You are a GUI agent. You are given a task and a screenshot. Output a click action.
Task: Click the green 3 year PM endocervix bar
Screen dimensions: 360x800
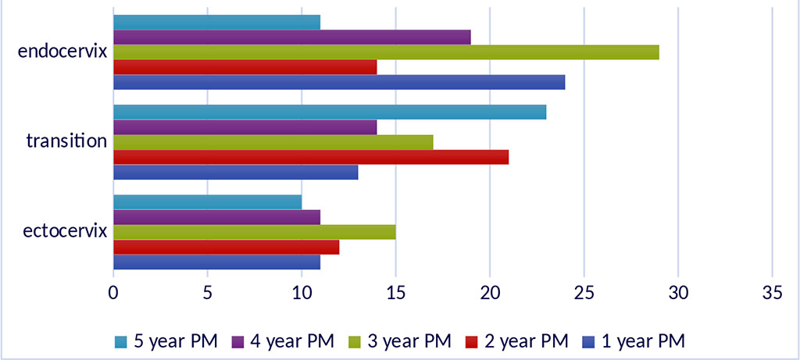point(386,52)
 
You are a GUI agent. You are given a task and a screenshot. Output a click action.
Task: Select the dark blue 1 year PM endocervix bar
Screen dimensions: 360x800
point(339,82)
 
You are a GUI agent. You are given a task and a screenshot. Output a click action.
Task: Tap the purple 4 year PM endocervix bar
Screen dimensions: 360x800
point(292,37)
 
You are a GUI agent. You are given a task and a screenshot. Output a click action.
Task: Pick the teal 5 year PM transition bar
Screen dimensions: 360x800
point(330,112)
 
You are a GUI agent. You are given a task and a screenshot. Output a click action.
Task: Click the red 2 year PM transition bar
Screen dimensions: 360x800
point(311,157)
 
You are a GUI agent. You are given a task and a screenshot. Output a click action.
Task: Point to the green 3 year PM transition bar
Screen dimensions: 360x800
point(273,142)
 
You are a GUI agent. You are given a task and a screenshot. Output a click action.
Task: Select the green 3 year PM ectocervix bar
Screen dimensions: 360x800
point(255,233)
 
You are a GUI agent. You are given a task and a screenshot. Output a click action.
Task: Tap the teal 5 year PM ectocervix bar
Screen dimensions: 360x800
point(208,202)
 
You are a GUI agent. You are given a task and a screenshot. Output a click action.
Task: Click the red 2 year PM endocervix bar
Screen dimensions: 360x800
point(245,67)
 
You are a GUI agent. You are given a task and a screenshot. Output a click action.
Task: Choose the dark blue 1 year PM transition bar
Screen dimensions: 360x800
point(236,172)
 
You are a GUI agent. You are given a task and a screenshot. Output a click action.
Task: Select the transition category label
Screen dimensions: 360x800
point(66,142)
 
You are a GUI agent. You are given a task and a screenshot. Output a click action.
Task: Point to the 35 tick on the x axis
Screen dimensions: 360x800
point(771,294)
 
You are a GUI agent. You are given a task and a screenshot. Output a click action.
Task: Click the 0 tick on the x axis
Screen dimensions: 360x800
point(114,294)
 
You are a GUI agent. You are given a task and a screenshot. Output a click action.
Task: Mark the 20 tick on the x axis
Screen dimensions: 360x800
point(489,294)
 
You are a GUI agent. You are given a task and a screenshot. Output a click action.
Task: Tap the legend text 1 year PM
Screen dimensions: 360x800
point(645,340)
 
